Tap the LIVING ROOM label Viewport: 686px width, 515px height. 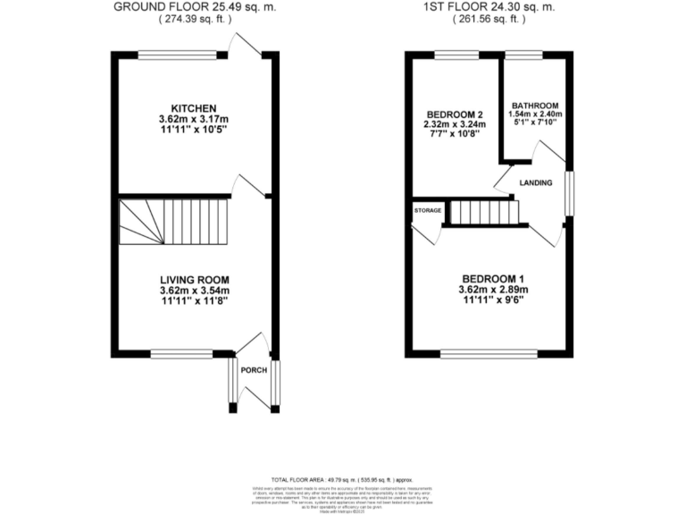click(194, 278)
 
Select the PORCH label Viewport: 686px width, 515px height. click(255, 369)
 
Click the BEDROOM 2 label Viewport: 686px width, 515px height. click(454, 114)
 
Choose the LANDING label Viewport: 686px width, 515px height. click(535, 183)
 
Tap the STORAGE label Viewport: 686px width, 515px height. click(428, 210)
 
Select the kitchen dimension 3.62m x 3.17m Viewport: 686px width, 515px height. click(194, 119)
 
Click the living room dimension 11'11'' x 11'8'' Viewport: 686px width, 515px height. click(194, 300)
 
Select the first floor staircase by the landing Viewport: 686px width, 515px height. click(483, 213)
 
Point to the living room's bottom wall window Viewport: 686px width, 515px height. click(181, 352)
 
